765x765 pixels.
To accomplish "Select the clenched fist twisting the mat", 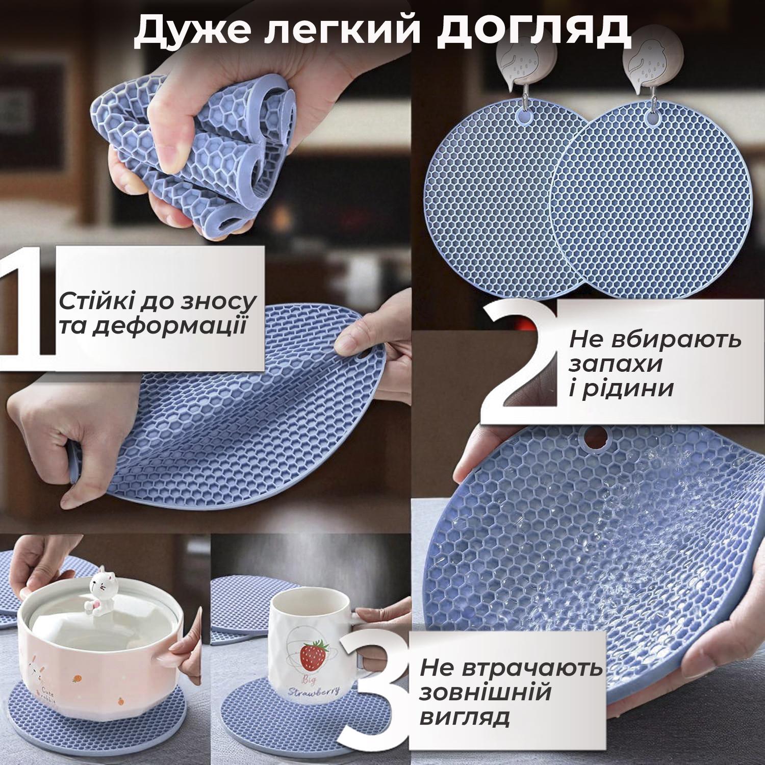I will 43,433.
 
